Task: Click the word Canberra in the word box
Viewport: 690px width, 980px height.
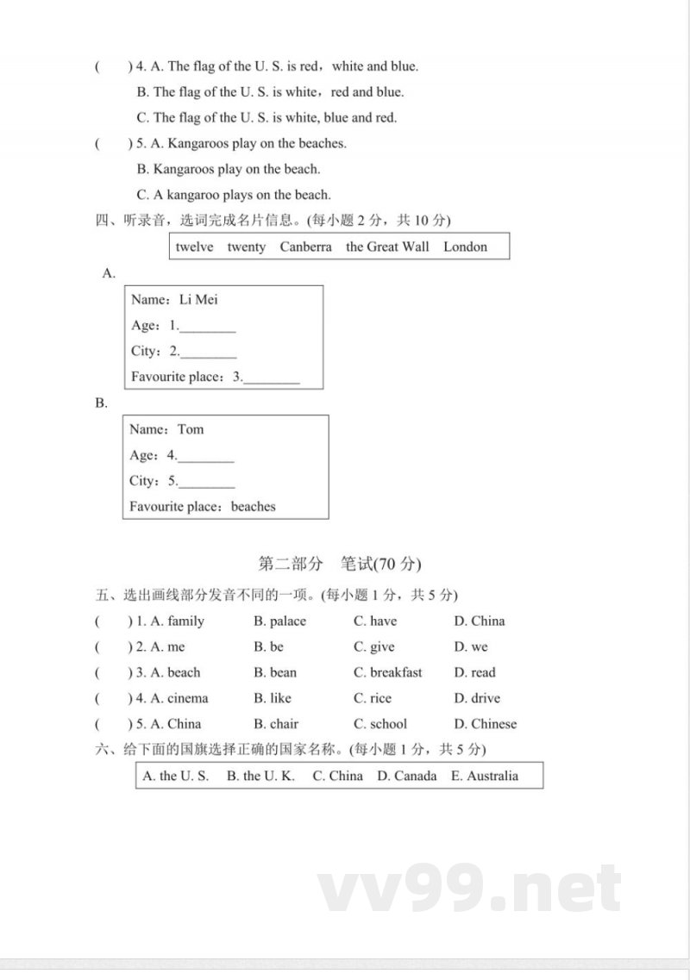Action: pos(305,247)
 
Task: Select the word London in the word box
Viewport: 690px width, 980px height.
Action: pos(465,247)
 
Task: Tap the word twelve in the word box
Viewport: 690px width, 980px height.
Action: pos(194,247)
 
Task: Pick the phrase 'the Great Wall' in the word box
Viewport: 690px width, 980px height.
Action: pos(387,247)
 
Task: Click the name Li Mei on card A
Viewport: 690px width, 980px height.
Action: pos(198,300)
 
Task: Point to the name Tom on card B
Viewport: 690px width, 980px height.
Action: pos(191,429)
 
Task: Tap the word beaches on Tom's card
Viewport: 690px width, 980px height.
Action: pos(254,507)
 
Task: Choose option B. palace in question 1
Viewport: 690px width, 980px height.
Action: pos(279,621)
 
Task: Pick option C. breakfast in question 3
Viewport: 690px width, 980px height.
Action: pos(387,672)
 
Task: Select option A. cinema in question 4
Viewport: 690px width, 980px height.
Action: pos(179,698)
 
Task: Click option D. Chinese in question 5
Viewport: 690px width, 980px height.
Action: pos(485,724)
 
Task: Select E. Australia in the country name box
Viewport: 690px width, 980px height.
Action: pos(485,776)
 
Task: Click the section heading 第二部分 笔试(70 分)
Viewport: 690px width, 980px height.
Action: pos(340,565)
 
